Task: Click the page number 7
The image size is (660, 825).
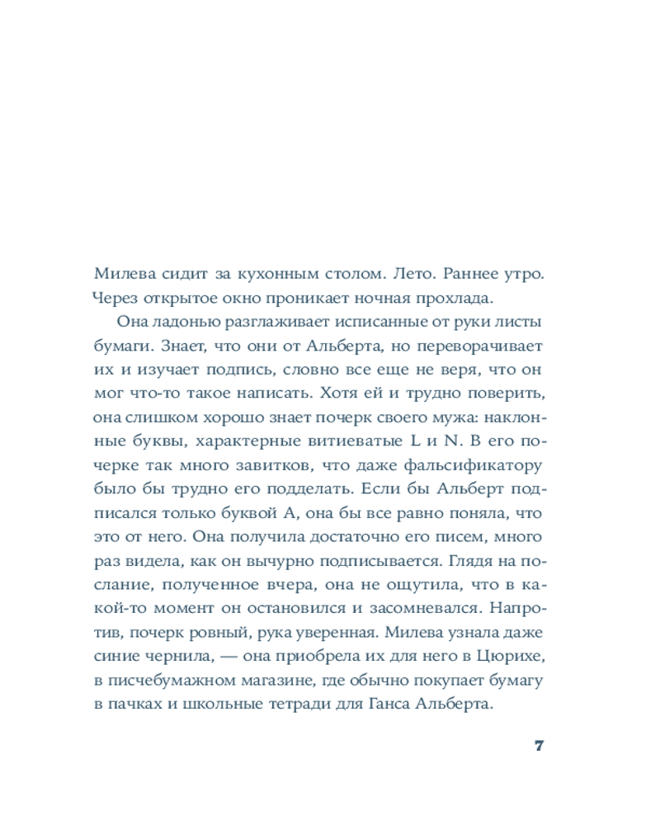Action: click(539, 746)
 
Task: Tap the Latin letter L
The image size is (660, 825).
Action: click(412, 439)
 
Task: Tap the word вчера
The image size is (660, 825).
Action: click(330, 584)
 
